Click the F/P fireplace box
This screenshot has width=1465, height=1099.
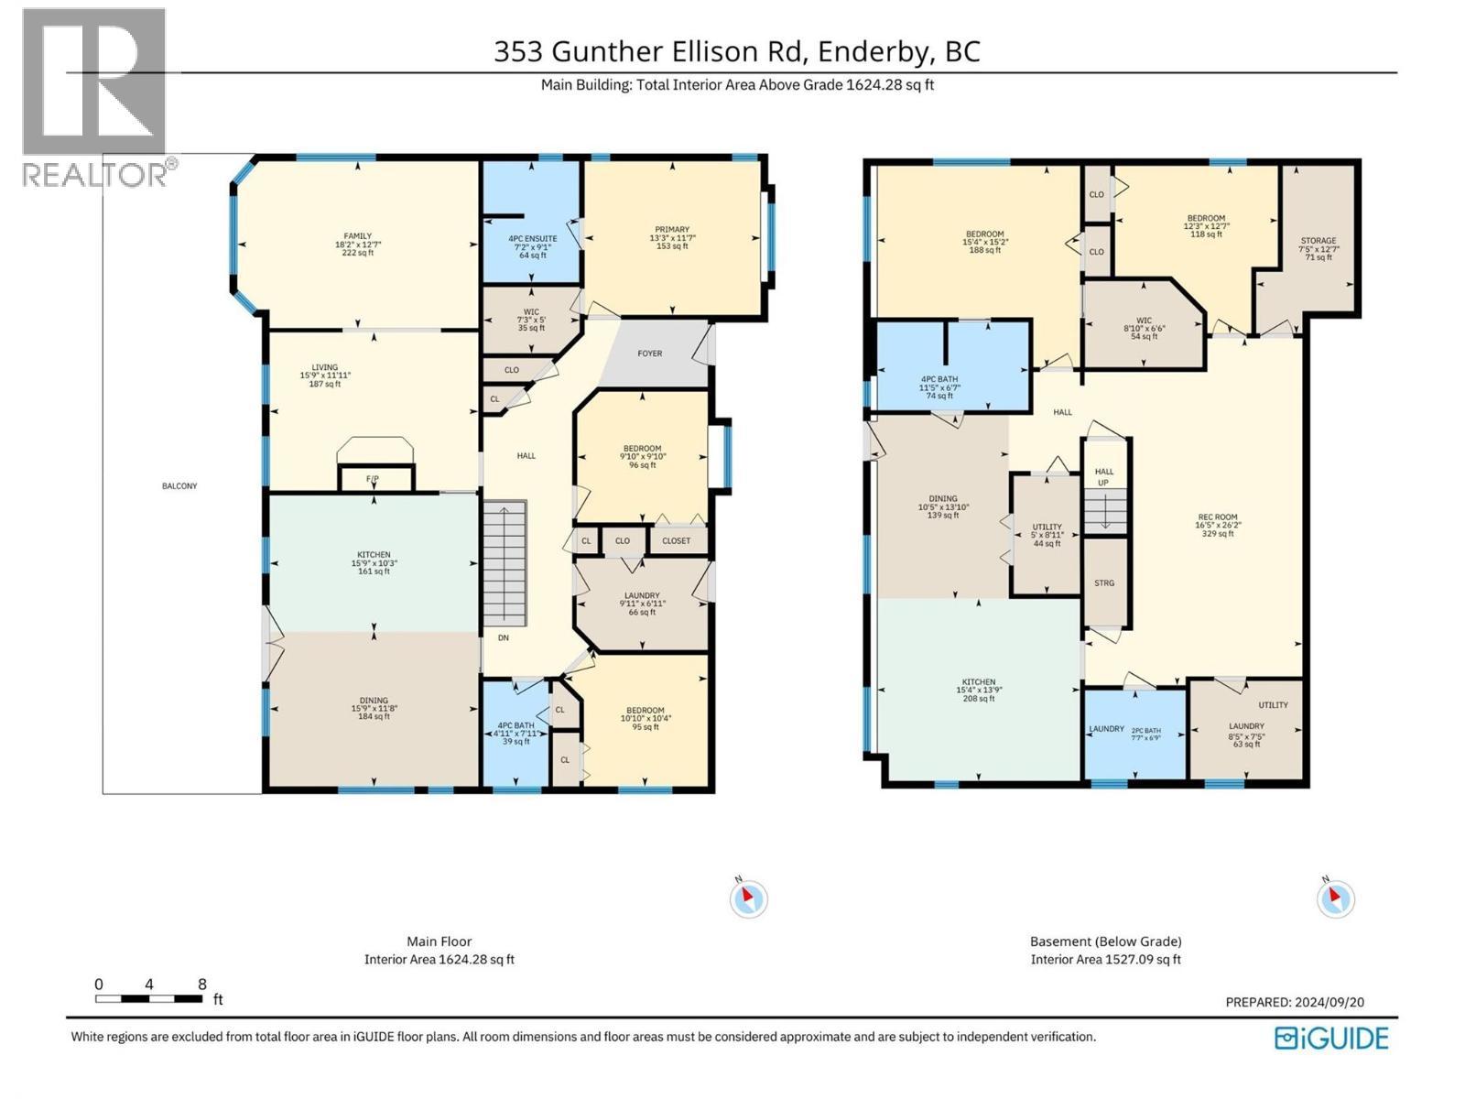tap(373, 479)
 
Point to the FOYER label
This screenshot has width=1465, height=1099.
tap(650, 354)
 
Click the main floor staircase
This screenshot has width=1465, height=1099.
tap(505, 562)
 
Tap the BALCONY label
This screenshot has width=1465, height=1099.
tap(179, 486)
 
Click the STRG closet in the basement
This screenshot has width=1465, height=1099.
tap(1104, 582)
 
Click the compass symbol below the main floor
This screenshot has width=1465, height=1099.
tap(748, 898)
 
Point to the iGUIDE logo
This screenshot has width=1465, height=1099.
tap(1332, 1039)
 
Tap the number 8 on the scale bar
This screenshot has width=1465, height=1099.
tap(202, 985)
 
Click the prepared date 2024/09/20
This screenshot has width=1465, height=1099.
tap(1329, 1002)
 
